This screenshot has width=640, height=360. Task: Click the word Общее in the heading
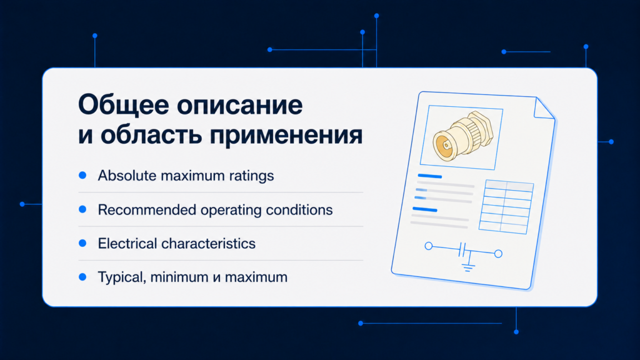(x=123, y=105)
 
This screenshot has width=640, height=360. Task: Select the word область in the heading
(x=151, y=135)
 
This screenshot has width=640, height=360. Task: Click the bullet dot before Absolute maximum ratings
(x=82, y=175)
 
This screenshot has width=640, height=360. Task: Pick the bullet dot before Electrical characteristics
(x=82, y=243)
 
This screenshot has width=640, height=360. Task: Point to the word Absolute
(x=127, y=176)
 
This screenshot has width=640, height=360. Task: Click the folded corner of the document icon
(x=545, y=108)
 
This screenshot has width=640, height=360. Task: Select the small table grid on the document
(x=506, y=207)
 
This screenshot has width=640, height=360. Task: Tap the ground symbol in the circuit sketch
(x=468, y=267)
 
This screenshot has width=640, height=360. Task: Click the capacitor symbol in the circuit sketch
(x=462, y=250)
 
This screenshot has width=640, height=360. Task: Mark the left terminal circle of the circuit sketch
(x=429, y=246)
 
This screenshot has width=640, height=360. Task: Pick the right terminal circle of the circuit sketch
(x=498, y=254)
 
